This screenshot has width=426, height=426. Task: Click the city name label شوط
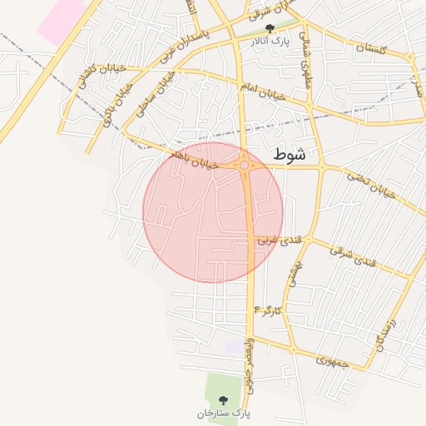tap(289, 154)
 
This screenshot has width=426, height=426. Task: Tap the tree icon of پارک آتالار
tap(269, 28)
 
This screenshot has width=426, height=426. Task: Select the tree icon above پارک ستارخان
tap(221, 400)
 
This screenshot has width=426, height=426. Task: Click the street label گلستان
tap(371, 49)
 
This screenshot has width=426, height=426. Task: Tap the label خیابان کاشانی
tap(90, 80)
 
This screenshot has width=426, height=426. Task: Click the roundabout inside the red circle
tap(245, 166)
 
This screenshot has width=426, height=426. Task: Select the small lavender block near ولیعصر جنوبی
tap(234, 346)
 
